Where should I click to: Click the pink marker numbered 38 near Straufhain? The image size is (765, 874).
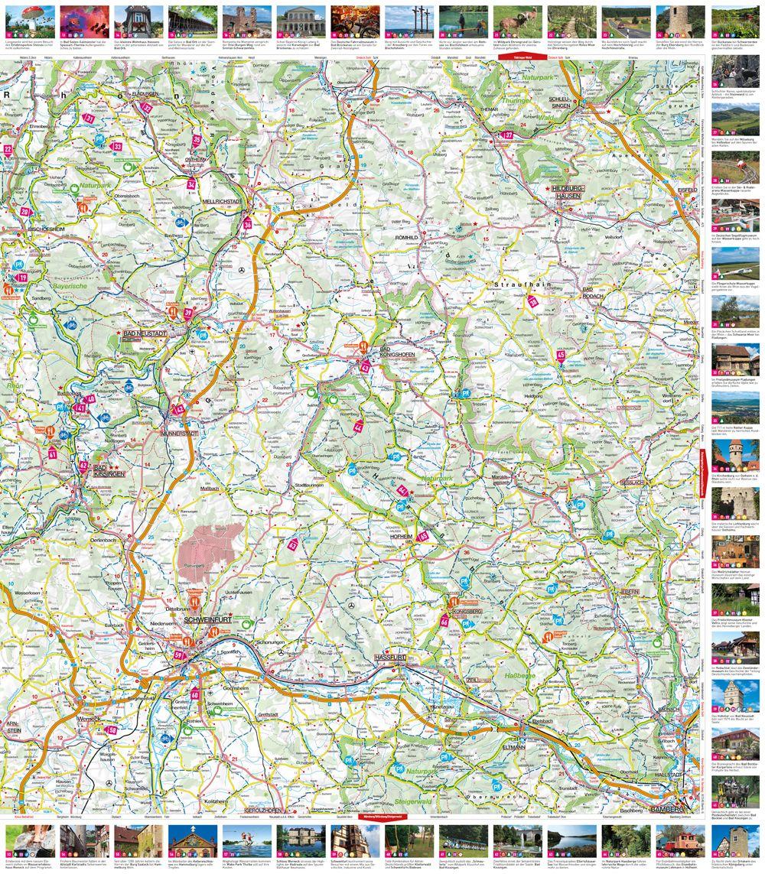coord(533,302)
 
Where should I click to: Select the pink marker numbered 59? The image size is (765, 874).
coord(180,655)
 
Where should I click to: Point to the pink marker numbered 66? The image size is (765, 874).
coord(444,622)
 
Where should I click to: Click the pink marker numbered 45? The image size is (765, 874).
coord(561,355)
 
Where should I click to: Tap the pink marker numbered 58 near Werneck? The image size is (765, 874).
coord(113,730)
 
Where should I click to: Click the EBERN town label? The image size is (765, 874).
coord(629,592)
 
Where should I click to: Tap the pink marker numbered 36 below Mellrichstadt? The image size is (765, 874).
coord(247,225)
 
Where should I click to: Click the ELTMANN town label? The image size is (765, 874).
coord(513,747)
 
